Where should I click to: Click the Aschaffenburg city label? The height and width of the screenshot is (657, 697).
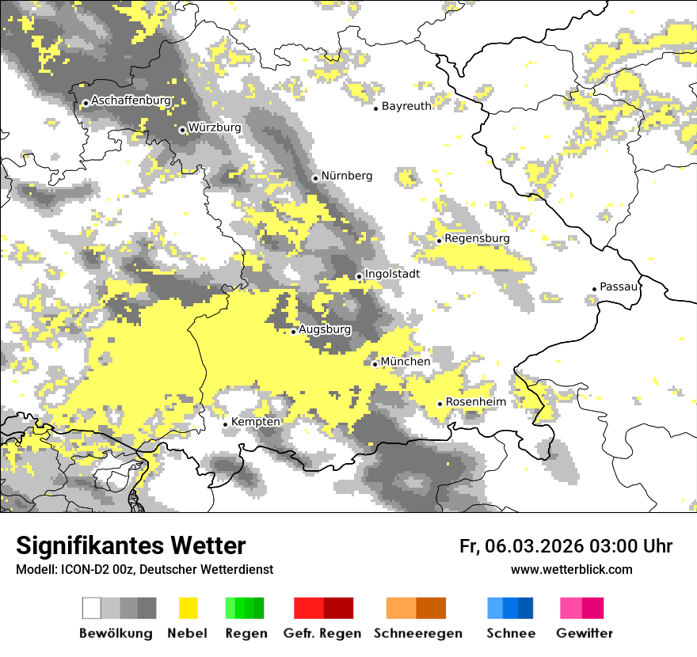(131, 101)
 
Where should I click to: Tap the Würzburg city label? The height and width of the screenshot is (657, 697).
(214, 127)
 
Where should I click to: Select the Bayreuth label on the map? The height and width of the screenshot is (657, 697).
(406, 106)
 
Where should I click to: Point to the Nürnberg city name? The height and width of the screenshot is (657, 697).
(346, 176)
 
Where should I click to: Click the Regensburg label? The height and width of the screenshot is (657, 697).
(477, 238)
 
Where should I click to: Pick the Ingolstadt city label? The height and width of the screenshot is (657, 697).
(392, 274)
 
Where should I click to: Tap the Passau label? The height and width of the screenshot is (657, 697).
(619, 287)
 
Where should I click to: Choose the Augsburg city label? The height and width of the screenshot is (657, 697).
(325, 329)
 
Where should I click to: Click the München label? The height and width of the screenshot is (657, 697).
(406, 362)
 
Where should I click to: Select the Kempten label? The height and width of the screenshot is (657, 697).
(255, 422)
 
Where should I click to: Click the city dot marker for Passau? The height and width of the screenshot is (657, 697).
(595, 289)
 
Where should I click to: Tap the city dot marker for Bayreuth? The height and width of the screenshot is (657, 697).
(376, 108)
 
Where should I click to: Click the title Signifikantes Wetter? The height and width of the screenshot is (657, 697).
(131, 546)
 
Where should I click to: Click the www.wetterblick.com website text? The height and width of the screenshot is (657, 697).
(571, 569)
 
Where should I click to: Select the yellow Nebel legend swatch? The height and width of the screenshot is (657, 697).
(189, 608)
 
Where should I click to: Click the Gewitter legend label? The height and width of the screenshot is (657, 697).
(584, 633)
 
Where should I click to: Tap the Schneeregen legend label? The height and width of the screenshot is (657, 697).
(417, 633)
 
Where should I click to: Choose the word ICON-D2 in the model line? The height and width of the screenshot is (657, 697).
(79, 569)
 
